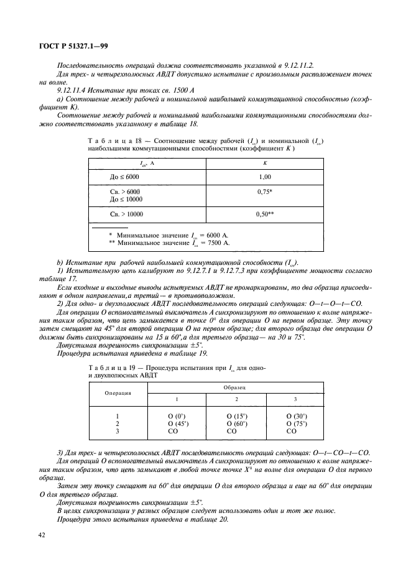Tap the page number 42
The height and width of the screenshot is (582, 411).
tap(41, 534)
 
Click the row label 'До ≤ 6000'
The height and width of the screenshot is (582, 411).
tap(125, 177)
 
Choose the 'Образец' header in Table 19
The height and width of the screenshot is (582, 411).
tap(235, 387)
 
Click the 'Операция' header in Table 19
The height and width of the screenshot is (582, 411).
tap(117, 394)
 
